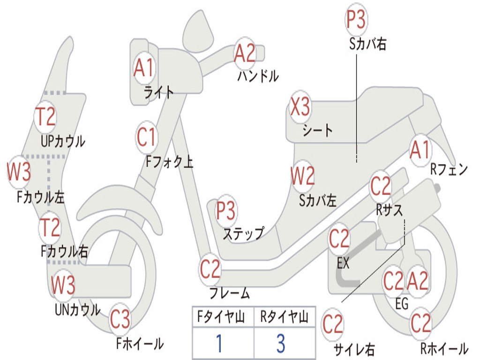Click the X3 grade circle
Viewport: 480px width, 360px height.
(300, 107)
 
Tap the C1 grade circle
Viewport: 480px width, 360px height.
(146, 137)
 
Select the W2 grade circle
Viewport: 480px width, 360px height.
(302, 176)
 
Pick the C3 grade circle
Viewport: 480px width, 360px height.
(120, 320)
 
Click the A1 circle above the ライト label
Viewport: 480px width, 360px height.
(143, 68)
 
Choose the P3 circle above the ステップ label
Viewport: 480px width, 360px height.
(226, 211)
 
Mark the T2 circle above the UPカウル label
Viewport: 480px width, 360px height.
(46, 117)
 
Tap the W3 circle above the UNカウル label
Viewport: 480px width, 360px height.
(63, 285)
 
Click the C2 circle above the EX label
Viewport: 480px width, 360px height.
(339, 240)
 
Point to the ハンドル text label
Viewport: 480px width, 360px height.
(258, 75)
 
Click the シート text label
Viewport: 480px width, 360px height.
(317, 129)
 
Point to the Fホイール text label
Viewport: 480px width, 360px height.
(140, 344)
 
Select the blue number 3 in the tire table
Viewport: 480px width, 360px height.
(280, 344)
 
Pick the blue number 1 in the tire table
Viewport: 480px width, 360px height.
(218, 344)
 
